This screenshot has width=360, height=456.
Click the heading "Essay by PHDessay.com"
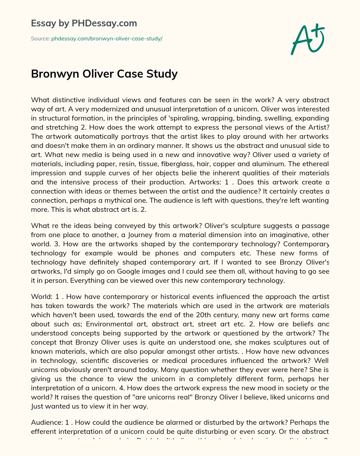[84, 24]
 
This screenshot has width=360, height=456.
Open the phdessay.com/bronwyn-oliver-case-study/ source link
[107, 39]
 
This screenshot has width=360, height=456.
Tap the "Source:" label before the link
[40, 39]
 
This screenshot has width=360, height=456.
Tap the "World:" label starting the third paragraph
[41, 297]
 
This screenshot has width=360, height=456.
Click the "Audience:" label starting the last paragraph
[47, 422]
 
